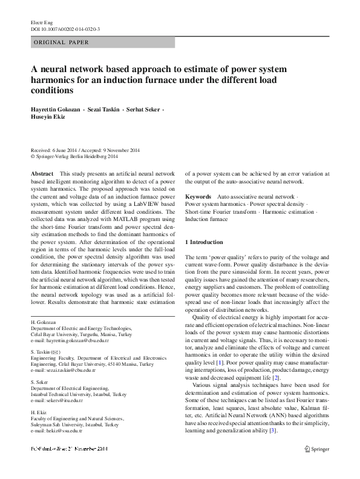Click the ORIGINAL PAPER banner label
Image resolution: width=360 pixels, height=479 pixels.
point(60,42)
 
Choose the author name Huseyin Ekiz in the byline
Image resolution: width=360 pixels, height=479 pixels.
point(47,117)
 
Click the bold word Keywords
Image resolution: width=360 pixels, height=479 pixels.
point(198,197)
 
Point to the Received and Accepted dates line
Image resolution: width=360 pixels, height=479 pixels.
point(85,150)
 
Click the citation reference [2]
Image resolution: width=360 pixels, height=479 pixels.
point(276,378)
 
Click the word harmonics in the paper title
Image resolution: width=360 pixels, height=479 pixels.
point(55,80)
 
